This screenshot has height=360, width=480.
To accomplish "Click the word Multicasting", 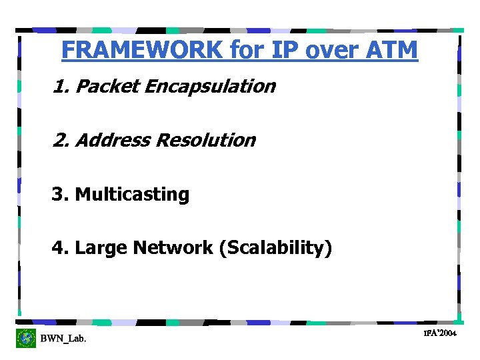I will pos(132,195).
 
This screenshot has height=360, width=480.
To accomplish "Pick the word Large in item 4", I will pos(102,248).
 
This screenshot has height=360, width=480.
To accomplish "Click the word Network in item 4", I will pos(173,248).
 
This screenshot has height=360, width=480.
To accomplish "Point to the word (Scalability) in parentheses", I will pos(275,249).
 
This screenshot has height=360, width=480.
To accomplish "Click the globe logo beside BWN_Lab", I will pos(26,338).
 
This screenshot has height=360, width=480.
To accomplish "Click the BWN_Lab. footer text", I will pos(63,339).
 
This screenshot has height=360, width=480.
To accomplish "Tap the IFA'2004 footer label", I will pos(440,332).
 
